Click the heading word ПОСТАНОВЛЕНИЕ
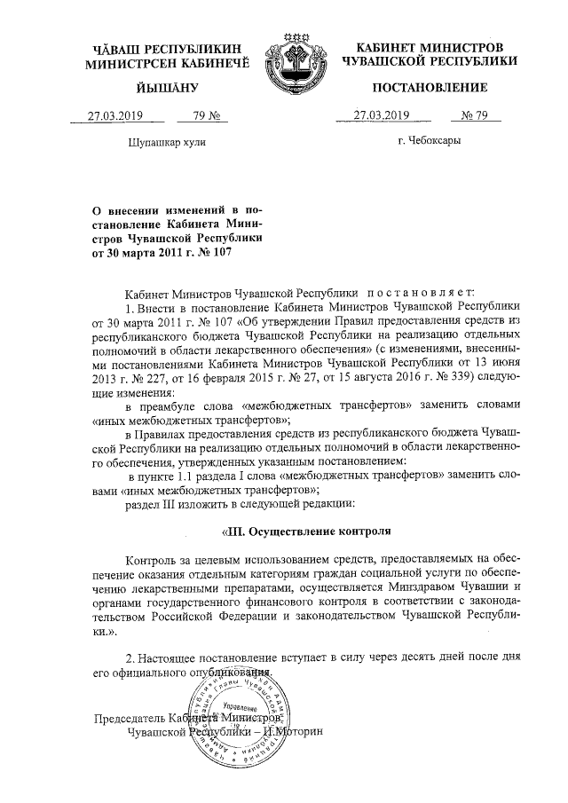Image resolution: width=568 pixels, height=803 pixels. [430, 88]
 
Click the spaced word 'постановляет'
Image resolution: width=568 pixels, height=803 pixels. [422, 292]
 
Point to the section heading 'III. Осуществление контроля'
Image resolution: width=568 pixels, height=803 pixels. [306, 532]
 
